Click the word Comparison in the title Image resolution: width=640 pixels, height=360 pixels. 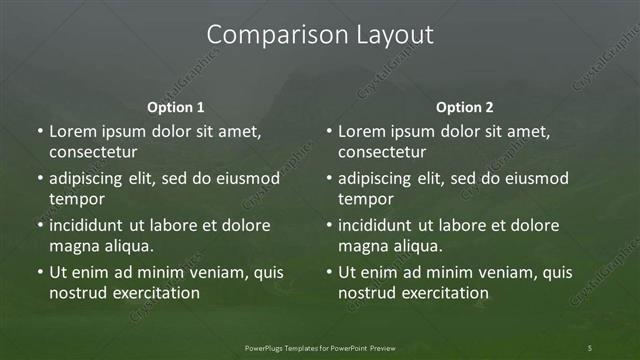click(x=267, y=35)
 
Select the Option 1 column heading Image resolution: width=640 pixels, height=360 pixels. click(x=176, y=107)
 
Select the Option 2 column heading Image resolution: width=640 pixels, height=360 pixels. click(x=465, y=107)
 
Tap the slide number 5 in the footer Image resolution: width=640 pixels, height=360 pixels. click(x=590, y=347)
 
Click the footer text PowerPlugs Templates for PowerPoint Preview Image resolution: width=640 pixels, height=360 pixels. click(x=319, y=347)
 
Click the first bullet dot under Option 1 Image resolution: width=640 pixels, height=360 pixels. click(x=40, y=132)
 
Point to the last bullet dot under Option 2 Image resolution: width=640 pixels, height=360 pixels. click(x=329, y=272)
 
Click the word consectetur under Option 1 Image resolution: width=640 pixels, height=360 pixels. click(x=93, y=152)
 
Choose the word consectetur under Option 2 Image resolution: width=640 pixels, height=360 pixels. click(x=382, y=152)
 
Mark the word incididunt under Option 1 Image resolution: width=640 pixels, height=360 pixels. click(x=91, y=225)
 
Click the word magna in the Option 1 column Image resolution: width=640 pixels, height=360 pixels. click(x=72, y=245)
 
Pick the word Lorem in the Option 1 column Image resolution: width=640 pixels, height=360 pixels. click(x=72, y=132)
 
